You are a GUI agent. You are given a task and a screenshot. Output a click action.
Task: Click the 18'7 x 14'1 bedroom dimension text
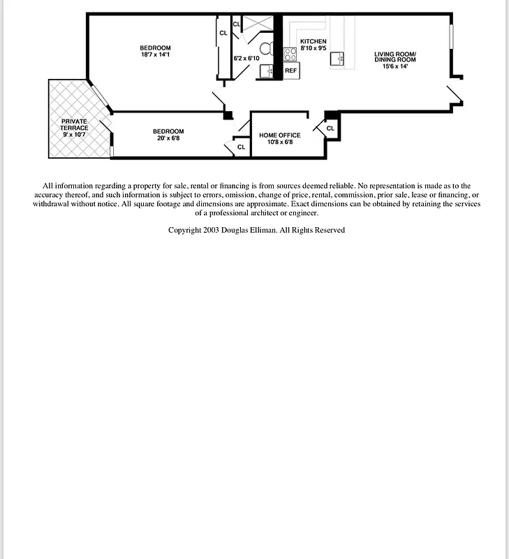[155, 55]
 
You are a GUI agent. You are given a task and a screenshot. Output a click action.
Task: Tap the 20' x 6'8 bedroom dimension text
[168, 138]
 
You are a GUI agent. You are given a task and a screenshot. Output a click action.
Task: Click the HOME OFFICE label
[279, 135]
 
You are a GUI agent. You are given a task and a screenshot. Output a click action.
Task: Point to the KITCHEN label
[313, 41]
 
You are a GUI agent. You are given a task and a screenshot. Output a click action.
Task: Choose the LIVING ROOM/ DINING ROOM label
[394, 57]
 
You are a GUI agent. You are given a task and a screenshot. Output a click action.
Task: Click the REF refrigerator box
[290, 71]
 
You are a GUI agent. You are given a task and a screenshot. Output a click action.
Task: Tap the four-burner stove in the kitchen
[290, 55]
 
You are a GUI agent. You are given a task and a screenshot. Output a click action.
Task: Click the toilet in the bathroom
[266, 49]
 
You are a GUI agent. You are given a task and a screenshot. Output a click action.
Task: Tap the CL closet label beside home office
[330, 128]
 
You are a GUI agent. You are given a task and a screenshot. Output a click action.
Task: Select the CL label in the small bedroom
[241, 147]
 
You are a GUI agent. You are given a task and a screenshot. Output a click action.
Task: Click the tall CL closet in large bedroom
[223, 33]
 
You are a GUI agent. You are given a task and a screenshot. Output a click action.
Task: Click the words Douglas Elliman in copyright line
[248, 230]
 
